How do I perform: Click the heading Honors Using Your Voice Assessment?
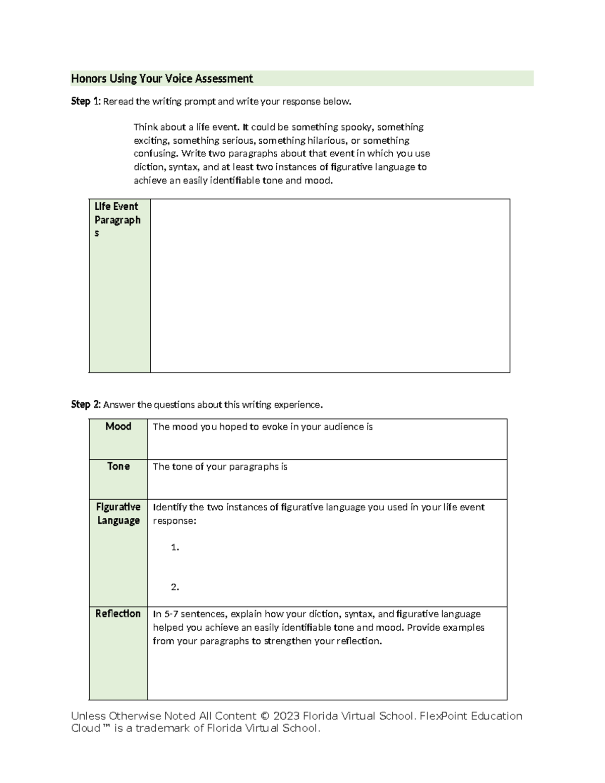point(162,79)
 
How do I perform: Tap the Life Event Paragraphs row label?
point(117,220)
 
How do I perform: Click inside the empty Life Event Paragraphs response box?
point(330,285)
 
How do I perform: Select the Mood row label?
point(118,427)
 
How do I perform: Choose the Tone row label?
point(118,466)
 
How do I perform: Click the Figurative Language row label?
point(118,513)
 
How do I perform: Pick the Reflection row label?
point(118,614)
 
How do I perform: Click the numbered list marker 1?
point(175,547)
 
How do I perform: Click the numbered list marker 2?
point(175,587)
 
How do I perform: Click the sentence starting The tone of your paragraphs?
point(220,467)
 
